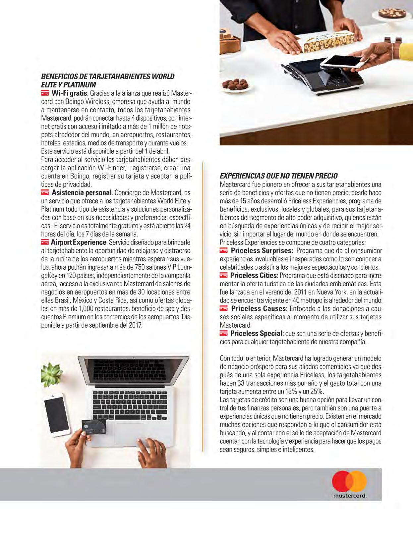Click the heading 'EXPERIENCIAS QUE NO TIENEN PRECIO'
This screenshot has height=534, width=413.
[x=279, y=176]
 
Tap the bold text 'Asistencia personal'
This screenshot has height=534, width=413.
[x=81, y=192]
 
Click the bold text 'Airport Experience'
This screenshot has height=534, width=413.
[x=79, y=242]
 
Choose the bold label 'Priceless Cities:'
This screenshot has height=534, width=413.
[x=254, y=275]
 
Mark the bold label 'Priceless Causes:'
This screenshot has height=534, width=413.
[x=259, y=308]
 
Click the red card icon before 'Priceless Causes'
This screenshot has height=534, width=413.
[x=224, y=309]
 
